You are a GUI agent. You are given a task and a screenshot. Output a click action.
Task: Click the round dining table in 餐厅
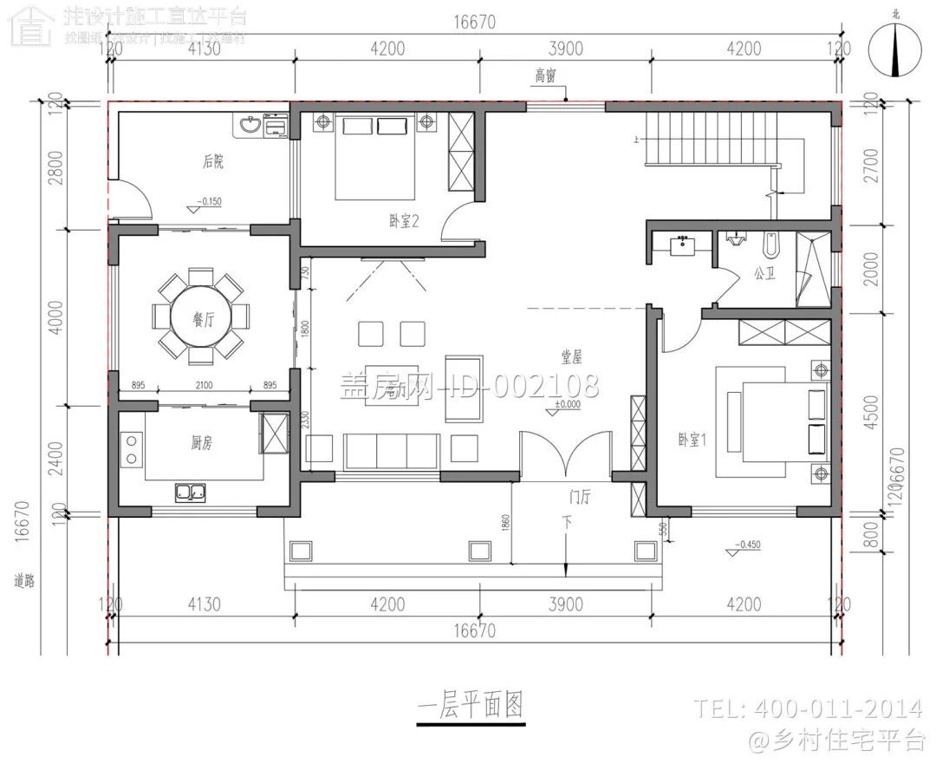pyautogui.click(x=201, y=316)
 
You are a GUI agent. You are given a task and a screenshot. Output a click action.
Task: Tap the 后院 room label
pyautogui.click(x=213, y=160)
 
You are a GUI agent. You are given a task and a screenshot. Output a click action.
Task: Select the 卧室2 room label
pyautogui.click(x=404, y=221)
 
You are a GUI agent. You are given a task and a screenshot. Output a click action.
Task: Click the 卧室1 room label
pyautogui.click(x=692, y=440)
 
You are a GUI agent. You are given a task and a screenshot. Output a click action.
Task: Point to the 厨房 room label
pyautogui.click(x=201, y=443)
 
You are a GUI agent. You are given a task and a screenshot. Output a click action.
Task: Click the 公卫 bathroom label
pyautogui.click(x=764, y=273)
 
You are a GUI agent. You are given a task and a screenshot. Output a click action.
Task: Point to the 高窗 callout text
pyautogui.click(x=544, y=76)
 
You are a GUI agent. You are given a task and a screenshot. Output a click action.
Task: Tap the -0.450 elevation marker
pyautogui.click(x=749, y=545)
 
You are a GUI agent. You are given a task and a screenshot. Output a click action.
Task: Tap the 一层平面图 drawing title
pyautogui.click(x=471, y=707)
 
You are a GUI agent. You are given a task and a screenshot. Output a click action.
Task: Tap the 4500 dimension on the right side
pyautogui.click(x=870, y=417)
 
